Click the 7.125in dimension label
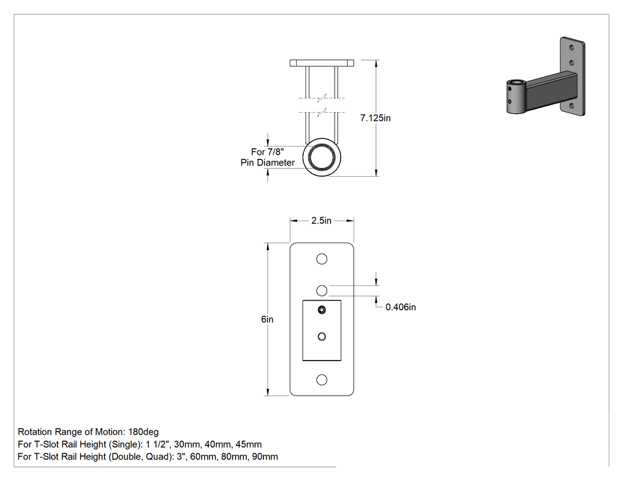point(376,118)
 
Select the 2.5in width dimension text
point(322,221)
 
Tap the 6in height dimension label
point(268,319)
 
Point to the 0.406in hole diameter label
point(401,307)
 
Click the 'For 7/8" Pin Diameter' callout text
point(268,157)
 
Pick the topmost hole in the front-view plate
point(322,259)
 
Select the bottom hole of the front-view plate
point(322,380)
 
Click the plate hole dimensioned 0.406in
point(322,291)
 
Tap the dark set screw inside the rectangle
point(322,310)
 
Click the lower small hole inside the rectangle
point(322,337)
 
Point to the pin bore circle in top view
point(322,157)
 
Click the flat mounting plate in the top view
point(322,63)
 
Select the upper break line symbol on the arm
point(322,97)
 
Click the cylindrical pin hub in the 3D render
point(516,97)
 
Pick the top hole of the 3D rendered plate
point(572,47)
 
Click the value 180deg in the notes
point(144,432)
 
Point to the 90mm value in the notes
point(265,457)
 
